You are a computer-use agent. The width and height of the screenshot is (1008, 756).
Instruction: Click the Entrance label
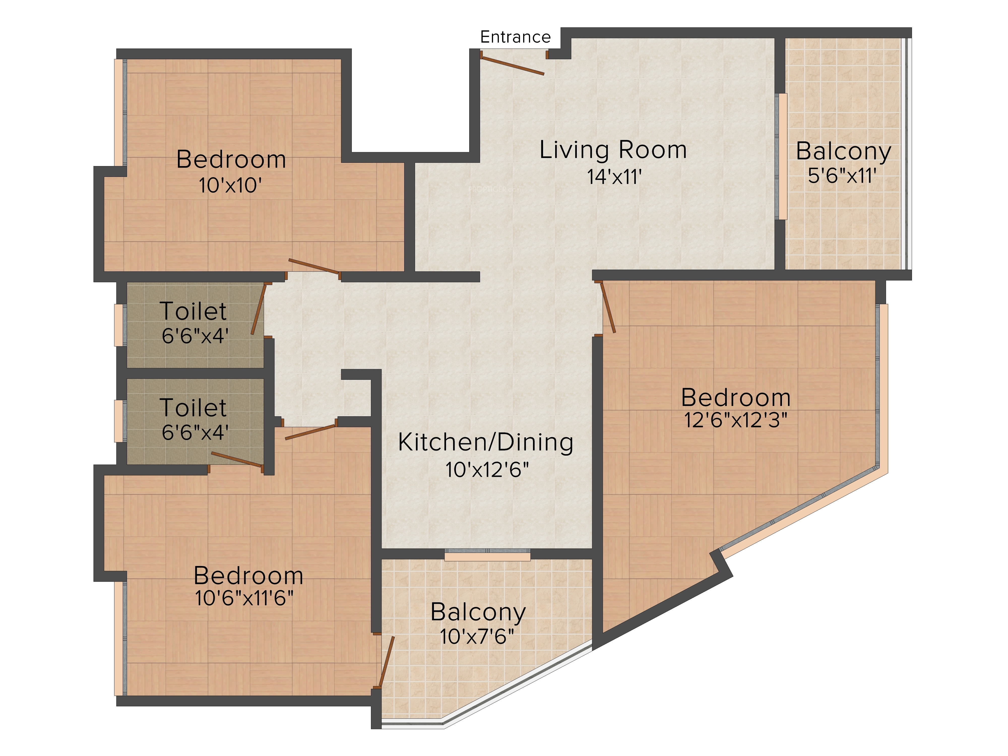[x=515, y=37]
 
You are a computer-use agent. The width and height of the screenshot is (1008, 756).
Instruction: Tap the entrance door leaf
[x=512, y=64]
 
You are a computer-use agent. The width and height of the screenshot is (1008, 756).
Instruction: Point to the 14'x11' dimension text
[x=614, y=177]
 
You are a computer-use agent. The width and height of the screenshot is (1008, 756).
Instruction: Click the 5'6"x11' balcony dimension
[x=842, y=175]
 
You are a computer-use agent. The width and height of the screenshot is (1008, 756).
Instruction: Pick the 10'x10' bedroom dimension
[x=230, y=185]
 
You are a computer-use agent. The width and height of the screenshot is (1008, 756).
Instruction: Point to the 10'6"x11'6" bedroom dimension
[x=244, y=598]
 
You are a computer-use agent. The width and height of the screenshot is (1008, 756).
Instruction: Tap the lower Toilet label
[x=193, y=407]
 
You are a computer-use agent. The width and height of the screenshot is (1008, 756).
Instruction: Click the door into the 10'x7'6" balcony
[x=386, y=662]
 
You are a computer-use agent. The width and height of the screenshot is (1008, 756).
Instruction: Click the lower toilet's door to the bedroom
[x=237, y=460]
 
